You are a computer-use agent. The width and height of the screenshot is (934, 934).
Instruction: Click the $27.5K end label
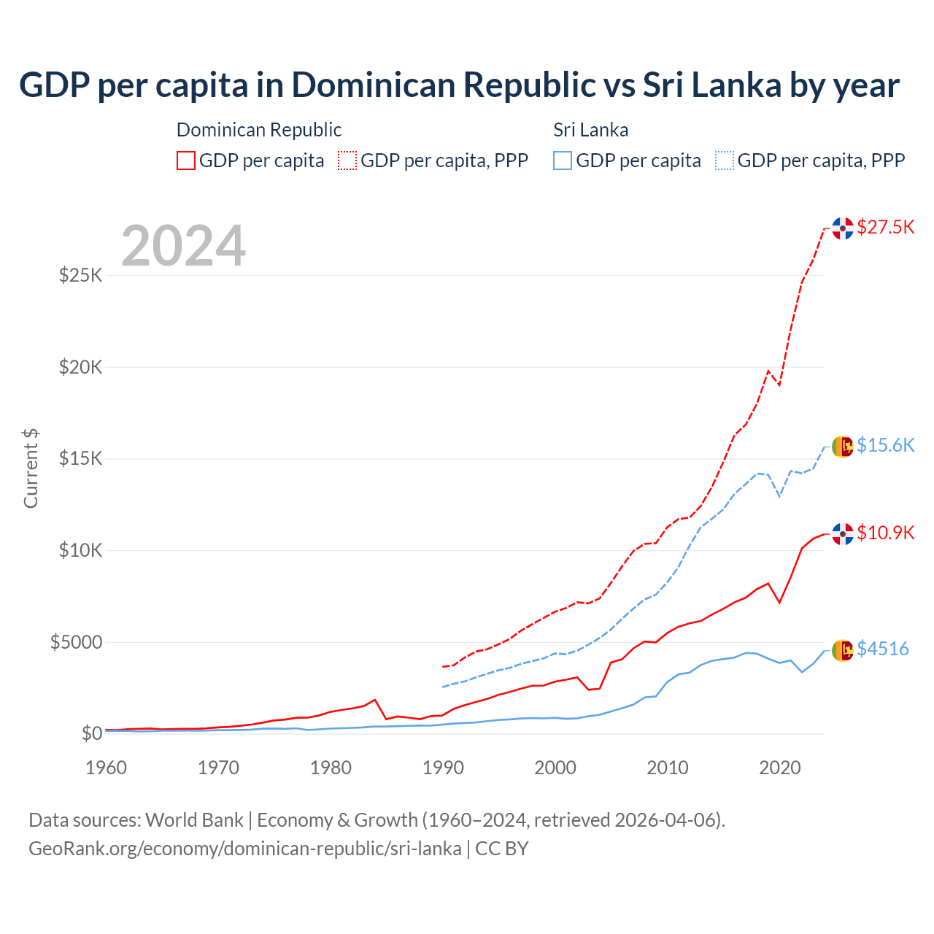tap(885, 227)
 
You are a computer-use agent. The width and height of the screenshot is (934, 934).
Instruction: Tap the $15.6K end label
tap(885, 445)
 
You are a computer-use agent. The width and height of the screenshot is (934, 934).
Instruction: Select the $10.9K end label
tap(885, 533)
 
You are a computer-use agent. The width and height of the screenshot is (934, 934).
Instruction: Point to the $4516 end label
tap(882, 649)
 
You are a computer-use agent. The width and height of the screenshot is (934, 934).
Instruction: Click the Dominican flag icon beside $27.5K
tap(843, 228)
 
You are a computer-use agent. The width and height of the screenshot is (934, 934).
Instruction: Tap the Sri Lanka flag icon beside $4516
tap(843, 650)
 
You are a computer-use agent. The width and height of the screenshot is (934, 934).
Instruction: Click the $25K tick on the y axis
tap(81, 276)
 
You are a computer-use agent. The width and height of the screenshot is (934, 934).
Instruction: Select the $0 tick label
tap(91, 733)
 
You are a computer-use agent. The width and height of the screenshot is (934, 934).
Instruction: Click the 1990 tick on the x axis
tap(443, 768)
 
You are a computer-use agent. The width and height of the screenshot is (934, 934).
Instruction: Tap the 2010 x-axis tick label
tap(668, 768)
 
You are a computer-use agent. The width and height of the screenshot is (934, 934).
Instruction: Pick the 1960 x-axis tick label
tap(107, 768)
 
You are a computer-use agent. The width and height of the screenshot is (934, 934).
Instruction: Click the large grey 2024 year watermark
tap(184, 246)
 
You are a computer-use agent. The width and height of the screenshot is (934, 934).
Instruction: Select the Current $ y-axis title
tap(31, 468)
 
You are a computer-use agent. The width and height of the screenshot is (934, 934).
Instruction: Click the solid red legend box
tap(186, 161)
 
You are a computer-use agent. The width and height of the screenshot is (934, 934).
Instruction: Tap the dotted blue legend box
tap(725, 161)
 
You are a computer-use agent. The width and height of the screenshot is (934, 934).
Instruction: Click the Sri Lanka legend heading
tap(590, 130)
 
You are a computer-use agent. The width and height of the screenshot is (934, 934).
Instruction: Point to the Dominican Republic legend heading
tap(259, 130)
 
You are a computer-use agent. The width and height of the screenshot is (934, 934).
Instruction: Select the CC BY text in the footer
tap(502, 849)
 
